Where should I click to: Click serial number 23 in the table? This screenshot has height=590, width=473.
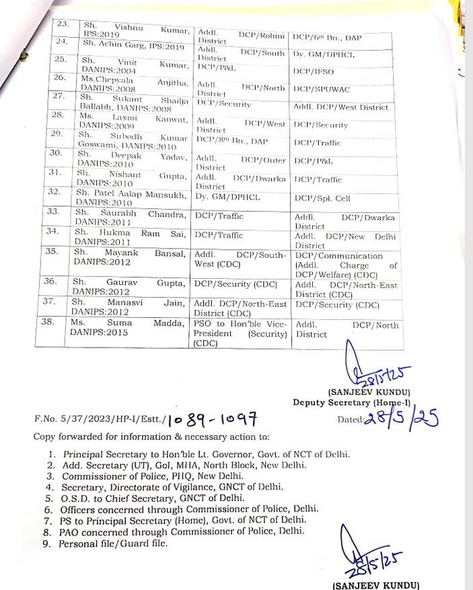click(x=63, y=25)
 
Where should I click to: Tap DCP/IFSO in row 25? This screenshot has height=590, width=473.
click(x=311, y=71)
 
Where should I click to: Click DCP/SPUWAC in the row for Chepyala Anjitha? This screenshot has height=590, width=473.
click(x=322, y=89)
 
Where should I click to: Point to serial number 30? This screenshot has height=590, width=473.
click(x=57, y=154)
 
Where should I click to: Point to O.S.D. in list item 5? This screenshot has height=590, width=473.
click(x=75, y=498)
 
